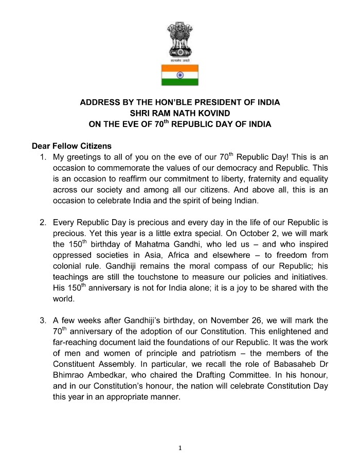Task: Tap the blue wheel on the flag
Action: coord(179,75)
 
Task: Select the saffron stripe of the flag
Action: coord(179,68)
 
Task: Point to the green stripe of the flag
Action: coord(179,82)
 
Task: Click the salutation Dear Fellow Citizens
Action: coord(71,146)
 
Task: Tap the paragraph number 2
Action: coord(43,222)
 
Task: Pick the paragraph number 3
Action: coord(43,320)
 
